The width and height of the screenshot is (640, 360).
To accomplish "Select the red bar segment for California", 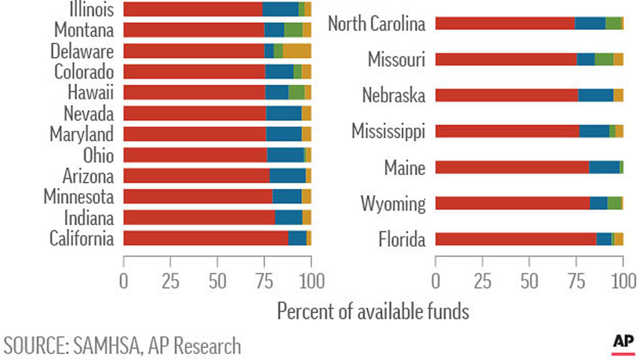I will point(206,238).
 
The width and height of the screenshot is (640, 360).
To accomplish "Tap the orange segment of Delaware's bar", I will point(297,51).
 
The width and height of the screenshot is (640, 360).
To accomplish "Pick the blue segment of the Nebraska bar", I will point(596,96).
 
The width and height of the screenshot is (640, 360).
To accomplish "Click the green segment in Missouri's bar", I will point(604,59).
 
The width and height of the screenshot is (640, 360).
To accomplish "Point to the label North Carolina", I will point(376,24).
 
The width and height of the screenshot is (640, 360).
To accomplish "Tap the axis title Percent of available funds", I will point(373,311).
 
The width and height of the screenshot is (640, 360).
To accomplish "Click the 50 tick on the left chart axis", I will point(217,281).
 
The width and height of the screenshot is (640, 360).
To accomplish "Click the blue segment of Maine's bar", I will point(604,167).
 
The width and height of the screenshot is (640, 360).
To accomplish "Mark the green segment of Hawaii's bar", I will point(296,92).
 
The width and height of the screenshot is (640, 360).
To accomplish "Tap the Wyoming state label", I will point(392,204).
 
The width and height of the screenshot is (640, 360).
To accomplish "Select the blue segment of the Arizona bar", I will point(287,176).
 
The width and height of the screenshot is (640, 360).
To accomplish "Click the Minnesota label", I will point(79,197).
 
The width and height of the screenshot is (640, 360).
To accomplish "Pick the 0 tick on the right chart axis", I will point(436,281).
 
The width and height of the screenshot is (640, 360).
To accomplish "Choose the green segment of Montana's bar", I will point(293,30).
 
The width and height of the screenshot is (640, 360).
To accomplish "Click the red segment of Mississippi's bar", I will point(507,131).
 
